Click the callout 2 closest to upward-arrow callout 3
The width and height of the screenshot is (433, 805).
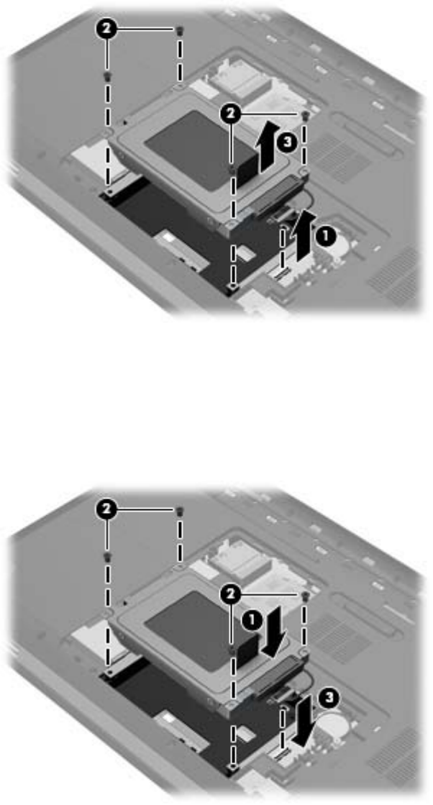coord(232,114)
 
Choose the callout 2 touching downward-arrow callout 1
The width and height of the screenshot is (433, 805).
coord(232,594)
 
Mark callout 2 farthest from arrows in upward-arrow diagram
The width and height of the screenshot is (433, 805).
coord(106,29)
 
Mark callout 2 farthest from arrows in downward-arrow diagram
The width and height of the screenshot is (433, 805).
coord(106,509)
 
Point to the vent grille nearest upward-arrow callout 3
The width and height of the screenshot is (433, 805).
coord(339,155)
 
